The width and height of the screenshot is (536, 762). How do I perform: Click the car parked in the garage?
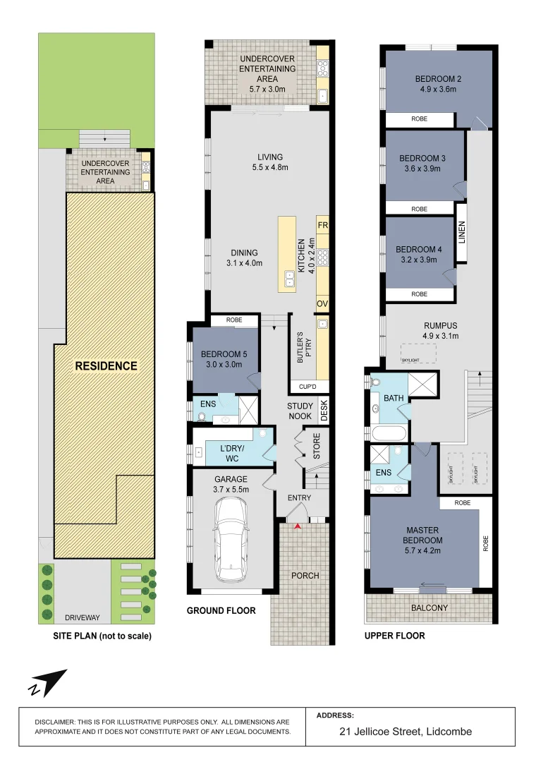click(231, 540)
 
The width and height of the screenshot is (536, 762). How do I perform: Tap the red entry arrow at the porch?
click(298, 526)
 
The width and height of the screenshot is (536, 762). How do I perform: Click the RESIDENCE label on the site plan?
click(106, 365)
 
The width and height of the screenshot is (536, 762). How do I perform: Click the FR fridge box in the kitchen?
click(323, 225)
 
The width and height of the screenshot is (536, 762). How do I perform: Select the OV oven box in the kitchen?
click(323, 303)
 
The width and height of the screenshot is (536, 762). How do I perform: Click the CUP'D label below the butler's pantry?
click(303, 387)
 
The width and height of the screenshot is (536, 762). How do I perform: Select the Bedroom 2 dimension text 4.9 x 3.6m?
click(438, 90)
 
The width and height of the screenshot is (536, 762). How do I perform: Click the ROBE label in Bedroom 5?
click(234, 320)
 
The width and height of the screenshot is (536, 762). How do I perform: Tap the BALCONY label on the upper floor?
click(430, 607)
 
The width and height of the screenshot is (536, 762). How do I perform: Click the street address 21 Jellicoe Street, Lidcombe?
click(406, 731)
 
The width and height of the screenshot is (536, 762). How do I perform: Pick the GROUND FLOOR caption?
click(221, 610)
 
